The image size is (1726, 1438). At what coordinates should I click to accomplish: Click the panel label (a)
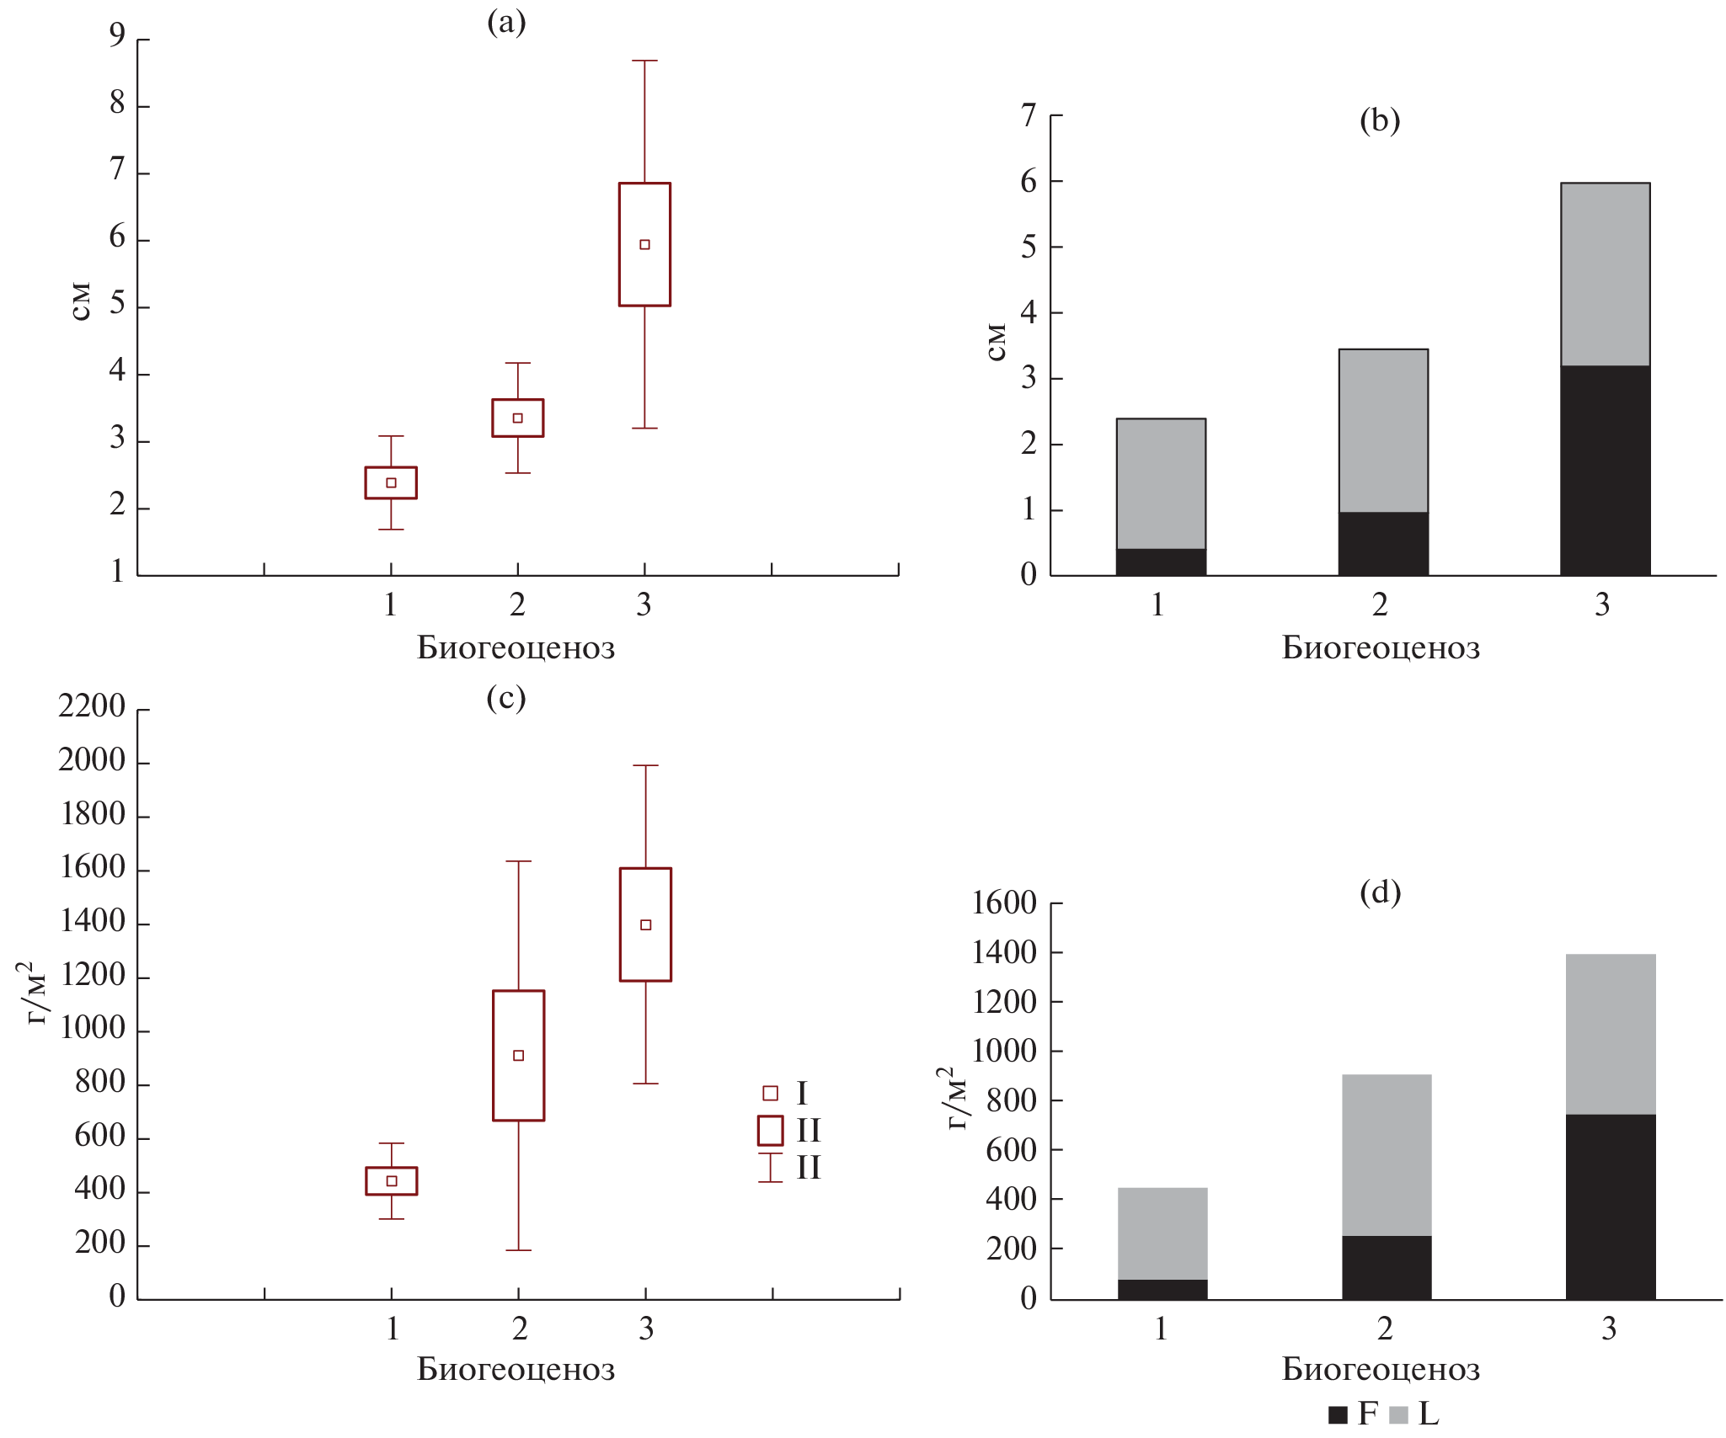point(506,22)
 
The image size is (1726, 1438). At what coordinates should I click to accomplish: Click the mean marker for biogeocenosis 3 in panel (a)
point(644,245)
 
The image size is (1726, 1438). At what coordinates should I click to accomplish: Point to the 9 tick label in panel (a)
point(117,35)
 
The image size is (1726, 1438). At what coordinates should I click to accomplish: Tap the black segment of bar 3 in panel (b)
point(1605,470)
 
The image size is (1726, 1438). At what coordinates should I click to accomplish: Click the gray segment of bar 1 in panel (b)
point(1161,483)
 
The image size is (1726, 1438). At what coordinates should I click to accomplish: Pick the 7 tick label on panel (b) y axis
point(1029,115)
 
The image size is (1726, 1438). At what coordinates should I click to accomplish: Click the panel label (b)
point(1380,120)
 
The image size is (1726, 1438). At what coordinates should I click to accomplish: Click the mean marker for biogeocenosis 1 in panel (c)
point(391,1181)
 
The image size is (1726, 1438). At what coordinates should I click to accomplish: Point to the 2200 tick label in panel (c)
point(92,706)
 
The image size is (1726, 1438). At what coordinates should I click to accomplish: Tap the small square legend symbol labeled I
point(770,1094)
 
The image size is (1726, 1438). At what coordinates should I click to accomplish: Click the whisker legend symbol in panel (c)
point(770,1168)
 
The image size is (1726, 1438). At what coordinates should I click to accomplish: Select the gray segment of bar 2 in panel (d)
point(1387,1155)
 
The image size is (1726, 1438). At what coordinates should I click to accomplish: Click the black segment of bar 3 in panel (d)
point(1611,1206)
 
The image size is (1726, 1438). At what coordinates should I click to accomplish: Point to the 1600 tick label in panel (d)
point(1004,903)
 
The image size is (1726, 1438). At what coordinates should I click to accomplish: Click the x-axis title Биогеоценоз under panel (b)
point(1381,648)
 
